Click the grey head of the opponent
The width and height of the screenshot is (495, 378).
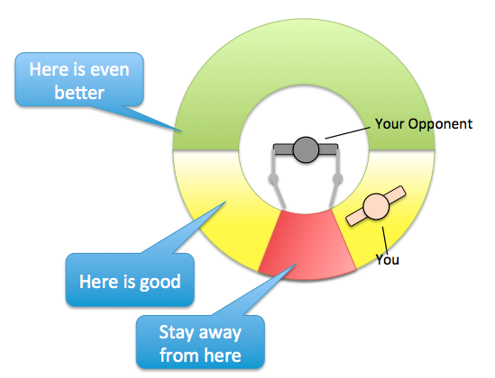pos(306,149)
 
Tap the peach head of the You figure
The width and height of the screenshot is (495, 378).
pos(376,206)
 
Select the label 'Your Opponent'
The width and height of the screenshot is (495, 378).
pos(424,124)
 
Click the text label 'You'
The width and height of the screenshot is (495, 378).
pos(388,259)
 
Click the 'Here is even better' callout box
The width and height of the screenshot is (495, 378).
pos(79,79)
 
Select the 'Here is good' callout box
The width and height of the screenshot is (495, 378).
pos(130,280)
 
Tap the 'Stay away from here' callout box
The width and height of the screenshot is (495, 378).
pos(200,342)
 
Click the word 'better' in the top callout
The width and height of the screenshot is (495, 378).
pos(79,93)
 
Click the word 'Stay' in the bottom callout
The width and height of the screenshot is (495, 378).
pos(175,333)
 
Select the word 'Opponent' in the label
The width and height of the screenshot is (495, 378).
pos(440,124)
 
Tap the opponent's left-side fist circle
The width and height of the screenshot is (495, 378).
pos(273,178)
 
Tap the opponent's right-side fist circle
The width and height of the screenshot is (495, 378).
pos(338,178)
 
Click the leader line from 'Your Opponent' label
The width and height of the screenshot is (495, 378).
pos(347,133)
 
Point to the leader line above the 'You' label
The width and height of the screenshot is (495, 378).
pos(386,241)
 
